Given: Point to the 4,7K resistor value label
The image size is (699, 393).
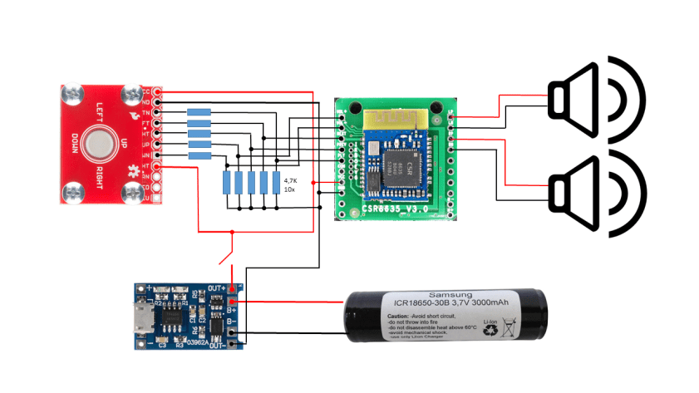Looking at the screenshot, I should click(x=290, y=179).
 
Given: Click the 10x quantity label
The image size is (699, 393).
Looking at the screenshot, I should click(x=288, y=189).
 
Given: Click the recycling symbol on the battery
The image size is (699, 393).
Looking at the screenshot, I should click(x=491, y=329).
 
